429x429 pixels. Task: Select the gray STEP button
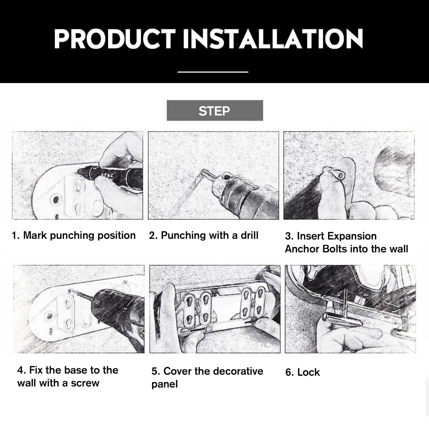[x=215, y=110]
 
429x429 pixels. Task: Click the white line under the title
[x=213, y=72]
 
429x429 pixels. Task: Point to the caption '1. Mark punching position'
[x=74, y=236]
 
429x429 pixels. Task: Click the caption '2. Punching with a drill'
[x=204, y=236]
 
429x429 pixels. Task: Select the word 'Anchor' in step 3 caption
[x=302, y=249]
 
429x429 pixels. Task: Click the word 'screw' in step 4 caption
[x=85, y=384]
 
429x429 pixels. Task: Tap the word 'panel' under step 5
[x=164, y=384]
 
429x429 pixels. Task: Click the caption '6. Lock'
[x=302, y=372]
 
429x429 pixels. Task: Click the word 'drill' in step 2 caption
[x=249, y=235]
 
